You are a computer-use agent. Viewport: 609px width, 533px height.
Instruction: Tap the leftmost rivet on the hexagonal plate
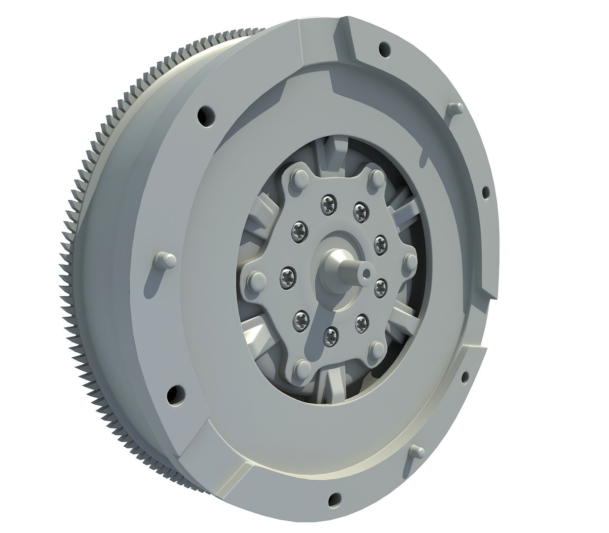click(254, 280)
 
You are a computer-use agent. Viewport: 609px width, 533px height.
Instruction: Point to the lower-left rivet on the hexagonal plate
click(302, 367)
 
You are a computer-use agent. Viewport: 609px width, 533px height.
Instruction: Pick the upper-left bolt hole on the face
click(206, 116)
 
